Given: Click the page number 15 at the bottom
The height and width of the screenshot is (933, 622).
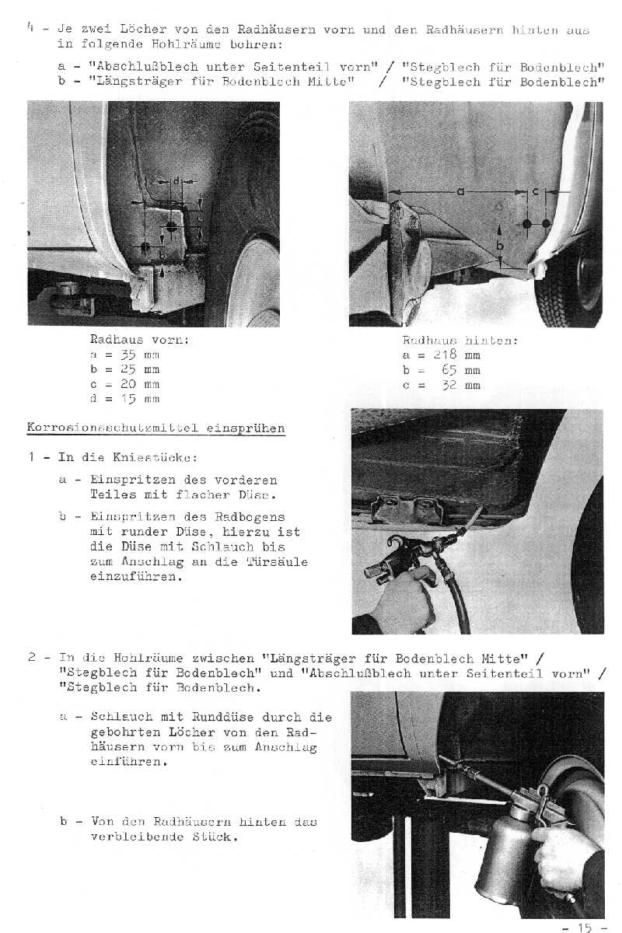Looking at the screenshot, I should click(584, 927).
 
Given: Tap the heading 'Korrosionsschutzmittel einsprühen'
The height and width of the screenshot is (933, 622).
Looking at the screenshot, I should click(156, 428).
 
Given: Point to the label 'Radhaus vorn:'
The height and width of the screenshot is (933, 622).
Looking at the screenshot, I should click(140, 340).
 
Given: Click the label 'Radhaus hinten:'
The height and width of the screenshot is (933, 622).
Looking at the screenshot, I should click(460, 341).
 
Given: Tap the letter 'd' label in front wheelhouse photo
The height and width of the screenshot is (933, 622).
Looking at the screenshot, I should click(176, 182).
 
